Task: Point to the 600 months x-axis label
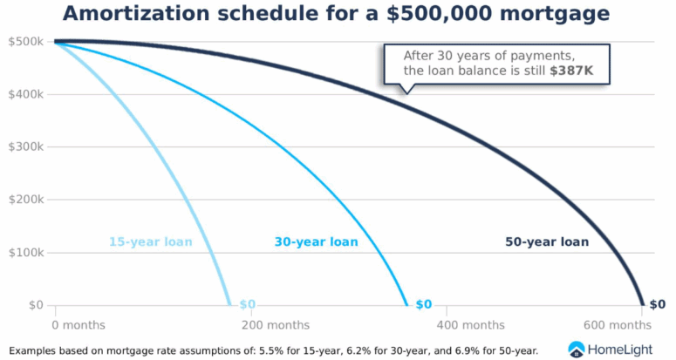(x=618, y=325)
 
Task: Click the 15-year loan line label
(x=150, y=241)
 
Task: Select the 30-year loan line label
(x=317, y=241)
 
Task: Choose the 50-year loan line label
(x=547, y=241)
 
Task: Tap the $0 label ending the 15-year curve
(x=248, y=304)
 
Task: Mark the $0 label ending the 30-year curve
(x=424, y=304)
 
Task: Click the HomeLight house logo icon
(x=577, y=349)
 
